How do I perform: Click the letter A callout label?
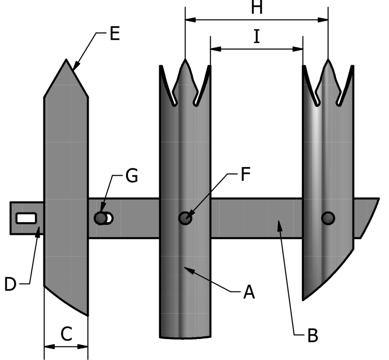(x=248, y=292)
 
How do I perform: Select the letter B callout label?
(x=312, y=335)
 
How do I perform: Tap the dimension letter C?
(x=66, y=334)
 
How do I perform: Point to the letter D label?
(x=11, y=284)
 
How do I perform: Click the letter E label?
(x=114, y=34)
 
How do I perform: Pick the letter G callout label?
(x=131, y=177)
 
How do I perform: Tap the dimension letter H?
(x=257, y=8)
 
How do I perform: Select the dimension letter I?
(x=257, y=37)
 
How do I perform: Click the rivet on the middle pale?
(x=185, y=218)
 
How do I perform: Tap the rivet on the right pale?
(x=328, y=218)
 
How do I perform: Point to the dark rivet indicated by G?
(x=101, y=218)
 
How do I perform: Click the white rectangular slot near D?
(x=26, y=218)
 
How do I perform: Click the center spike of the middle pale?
(x=185, y=61)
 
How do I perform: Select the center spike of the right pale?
(x=328, y=61)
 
